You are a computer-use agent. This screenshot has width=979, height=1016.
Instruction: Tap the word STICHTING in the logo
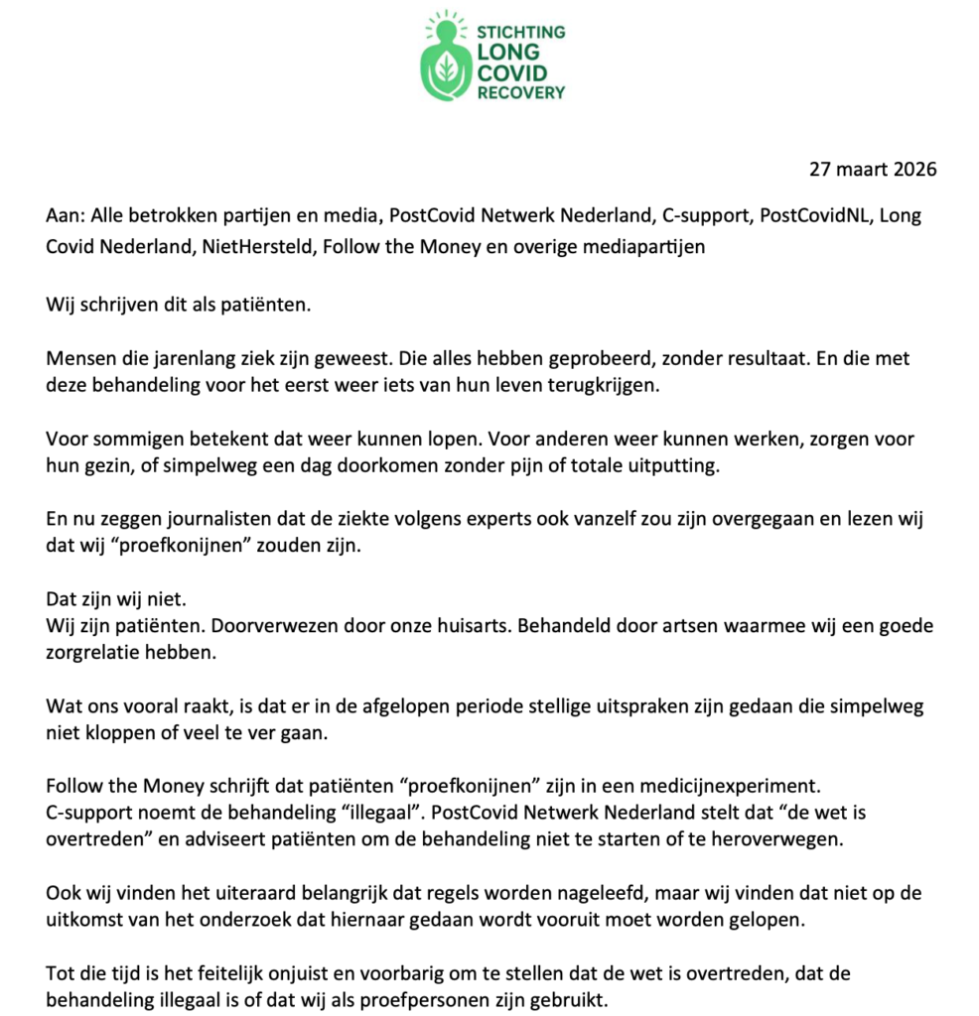(521, 32)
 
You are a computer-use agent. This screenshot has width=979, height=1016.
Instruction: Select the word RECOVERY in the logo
(521, 92)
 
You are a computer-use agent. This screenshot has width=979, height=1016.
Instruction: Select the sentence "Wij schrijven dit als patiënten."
(179, 304)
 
